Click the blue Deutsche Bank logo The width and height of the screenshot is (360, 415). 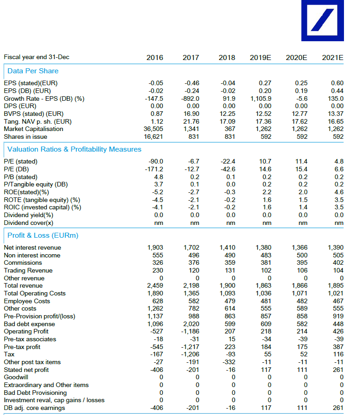[322, 21]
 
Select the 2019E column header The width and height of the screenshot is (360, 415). [260, 58]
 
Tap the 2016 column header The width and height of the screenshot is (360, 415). [155, 58]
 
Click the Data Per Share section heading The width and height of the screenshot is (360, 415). [33, 71]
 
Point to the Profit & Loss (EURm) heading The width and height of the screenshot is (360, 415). [43, 235]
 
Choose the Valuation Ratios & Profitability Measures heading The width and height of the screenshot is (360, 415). [74, 149]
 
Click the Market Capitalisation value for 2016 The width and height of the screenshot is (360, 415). [153, 129]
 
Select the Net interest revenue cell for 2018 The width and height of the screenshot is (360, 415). [227, 247]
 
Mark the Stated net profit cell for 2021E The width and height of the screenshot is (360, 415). [338, 370]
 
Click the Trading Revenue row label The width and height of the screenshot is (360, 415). [28, 270]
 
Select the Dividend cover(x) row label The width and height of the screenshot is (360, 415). [28, 223]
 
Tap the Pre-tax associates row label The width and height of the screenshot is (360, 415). [30, 339]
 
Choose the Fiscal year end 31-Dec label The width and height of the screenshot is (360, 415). [37, 57]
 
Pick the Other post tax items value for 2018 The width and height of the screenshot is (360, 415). [229, 362]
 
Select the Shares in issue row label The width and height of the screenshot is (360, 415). [27, 137]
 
